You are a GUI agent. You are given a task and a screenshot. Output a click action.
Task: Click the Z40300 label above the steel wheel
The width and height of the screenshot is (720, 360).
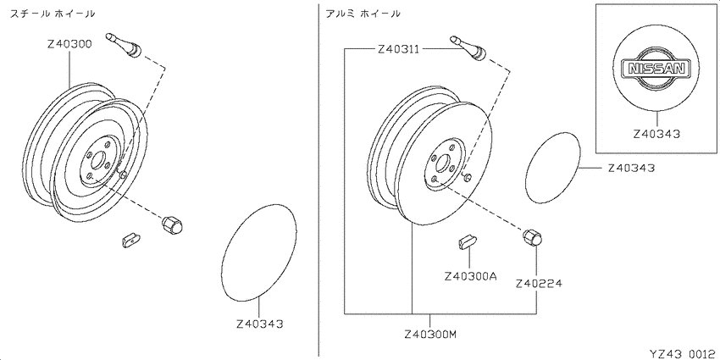coord(70,45)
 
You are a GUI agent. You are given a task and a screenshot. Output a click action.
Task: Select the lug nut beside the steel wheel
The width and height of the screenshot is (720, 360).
coord(172,225)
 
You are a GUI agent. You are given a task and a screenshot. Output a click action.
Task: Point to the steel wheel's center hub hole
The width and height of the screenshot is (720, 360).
coord(98,161)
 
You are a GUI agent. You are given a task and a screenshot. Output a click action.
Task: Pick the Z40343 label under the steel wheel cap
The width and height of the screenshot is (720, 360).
coord(260,324)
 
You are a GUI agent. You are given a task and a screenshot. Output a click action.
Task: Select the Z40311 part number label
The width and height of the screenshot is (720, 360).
coord(398,48)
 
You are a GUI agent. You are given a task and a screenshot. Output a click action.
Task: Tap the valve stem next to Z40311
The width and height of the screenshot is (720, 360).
coord(468,47)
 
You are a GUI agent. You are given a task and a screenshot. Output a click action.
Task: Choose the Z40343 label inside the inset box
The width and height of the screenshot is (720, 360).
coord(656,134)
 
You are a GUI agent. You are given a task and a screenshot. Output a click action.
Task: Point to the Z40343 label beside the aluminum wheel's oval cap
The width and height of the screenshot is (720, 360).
coord(631,168)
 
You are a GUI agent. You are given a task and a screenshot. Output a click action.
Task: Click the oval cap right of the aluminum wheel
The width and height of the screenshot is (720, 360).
coord(553,167)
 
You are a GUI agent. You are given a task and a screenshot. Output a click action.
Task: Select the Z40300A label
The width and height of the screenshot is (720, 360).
coord(471,277)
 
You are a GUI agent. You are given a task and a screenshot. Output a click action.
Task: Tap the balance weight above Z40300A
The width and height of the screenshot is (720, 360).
coord(468,241)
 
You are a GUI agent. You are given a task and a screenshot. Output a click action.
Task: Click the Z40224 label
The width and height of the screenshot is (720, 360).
coord(539,283)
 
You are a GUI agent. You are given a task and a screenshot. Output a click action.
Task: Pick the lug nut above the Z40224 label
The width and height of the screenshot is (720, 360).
coord(532,237)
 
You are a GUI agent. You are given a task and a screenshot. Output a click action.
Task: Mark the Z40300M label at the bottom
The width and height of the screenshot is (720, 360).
coord(430,335)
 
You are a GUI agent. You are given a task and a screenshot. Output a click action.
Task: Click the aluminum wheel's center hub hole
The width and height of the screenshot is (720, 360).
coord(443,163)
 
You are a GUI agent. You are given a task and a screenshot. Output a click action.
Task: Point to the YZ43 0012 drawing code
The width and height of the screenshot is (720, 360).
coord(683,353)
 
